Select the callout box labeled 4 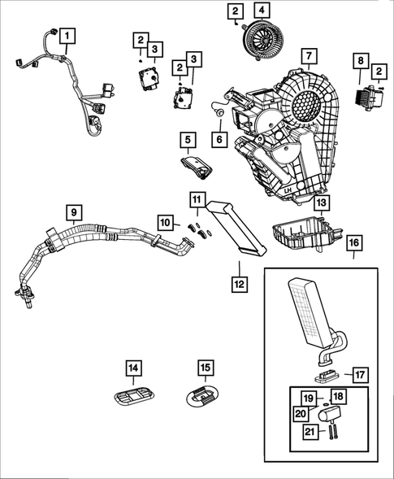point(261,11)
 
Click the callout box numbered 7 point(309,56)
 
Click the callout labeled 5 point(187,141)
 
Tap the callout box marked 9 point(74,214)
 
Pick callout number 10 point(165,222)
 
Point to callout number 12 point(238,284)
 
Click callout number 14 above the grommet point(133,368)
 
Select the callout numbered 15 point(206,368)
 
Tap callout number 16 point(355,244)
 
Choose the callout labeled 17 point(361,375)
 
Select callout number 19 point(308,398)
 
